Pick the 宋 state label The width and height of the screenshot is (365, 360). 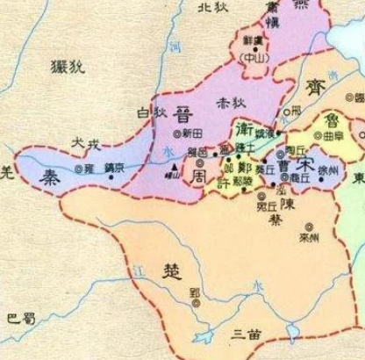click(x=306, y=163)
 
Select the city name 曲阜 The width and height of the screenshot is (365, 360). click(x=340, y=137)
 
